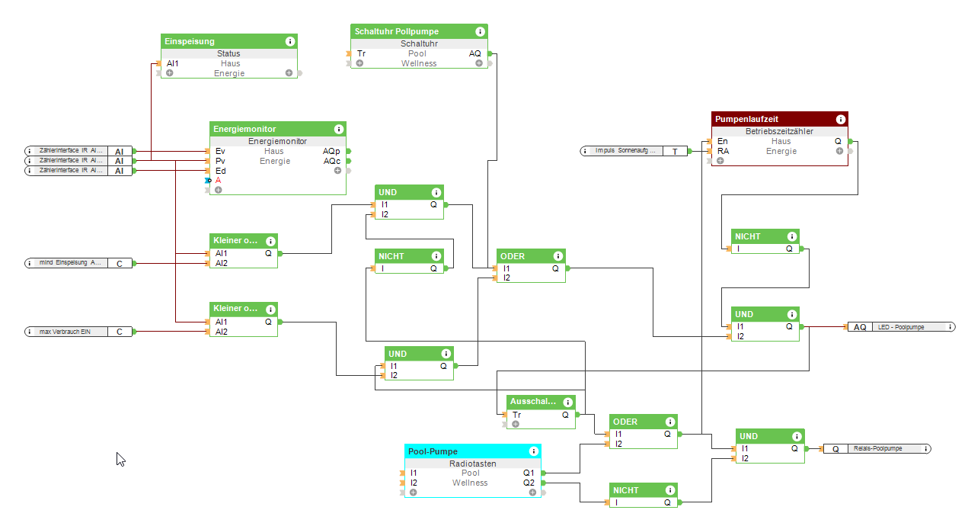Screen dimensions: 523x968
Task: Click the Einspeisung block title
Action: tap(190, 41)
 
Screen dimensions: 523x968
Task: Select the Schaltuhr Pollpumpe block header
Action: tap(396, 31)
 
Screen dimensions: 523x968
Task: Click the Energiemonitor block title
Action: tap(245, 130)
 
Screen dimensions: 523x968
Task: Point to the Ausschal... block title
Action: tap(534, 402)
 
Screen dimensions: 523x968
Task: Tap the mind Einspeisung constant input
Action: tap(70, 263)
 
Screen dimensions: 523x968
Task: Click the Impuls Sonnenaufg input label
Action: tap(625, 151)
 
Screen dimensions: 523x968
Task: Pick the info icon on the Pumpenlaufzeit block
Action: tap(840, 120)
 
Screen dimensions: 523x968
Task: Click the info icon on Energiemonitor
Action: tap(338, 130)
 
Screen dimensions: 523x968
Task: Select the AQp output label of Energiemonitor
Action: tap(331, 151)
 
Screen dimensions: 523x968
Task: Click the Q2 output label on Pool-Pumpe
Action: tap(529, 483)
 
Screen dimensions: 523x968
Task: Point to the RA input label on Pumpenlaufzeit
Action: tap(723, 151)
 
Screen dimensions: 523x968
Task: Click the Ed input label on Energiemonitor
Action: tap(220, 171)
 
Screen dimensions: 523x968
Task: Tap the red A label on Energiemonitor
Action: tap(218, 181)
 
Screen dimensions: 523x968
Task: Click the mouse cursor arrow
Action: tap(120, 458)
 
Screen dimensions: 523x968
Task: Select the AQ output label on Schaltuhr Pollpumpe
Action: tap(474, 53)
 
